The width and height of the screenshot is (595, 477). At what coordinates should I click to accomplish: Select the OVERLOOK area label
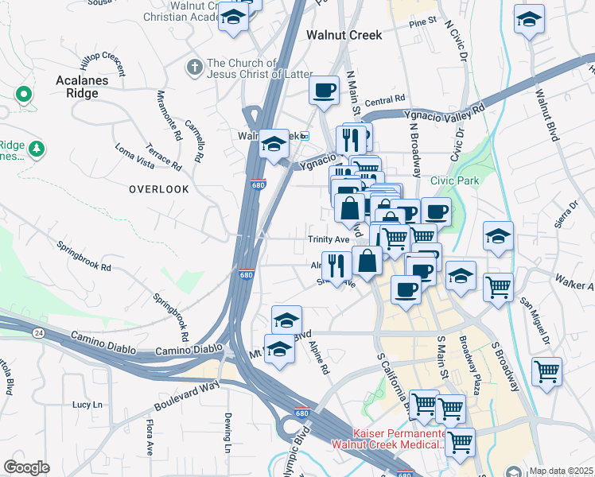point(159,189)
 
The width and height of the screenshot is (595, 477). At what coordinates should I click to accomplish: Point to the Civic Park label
point(455,180)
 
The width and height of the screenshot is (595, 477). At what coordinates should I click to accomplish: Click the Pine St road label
point(423,24)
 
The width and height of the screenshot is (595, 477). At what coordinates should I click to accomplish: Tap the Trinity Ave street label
point(329,239)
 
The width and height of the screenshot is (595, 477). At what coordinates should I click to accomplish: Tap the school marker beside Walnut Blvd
point(529,21)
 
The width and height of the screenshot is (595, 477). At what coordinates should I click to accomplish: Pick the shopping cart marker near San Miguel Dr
point(546,371)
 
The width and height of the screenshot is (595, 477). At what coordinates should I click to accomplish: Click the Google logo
point(26,467)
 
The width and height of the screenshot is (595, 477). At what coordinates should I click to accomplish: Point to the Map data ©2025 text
point(560,470)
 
